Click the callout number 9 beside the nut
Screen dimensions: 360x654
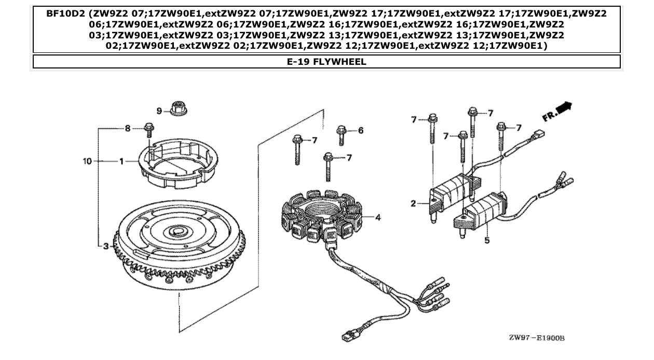click(160, 110)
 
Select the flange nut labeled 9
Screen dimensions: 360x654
click(179, 110)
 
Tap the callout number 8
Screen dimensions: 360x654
click(128, 128)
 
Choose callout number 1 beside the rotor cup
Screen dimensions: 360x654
click(121, 161)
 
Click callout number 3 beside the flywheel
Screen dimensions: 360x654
click(106, 246)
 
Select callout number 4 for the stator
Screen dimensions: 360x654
click(378, 217)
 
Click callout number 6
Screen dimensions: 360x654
click(360, 130)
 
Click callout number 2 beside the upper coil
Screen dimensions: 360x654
click(413, 203)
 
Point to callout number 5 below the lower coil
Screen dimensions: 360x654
click(487, 240)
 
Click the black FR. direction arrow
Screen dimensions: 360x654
click(564, 108)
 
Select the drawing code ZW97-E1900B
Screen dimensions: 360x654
click(536, 338)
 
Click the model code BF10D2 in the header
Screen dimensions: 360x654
click(64, 14)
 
